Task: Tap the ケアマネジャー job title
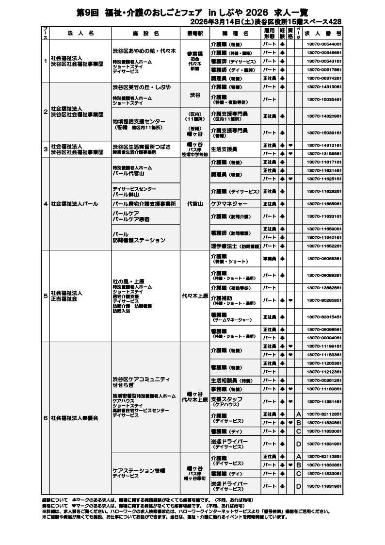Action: click(229, 204)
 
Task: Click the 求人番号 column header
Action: click(323, 33)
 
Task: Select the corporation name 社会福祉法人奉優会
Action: click(74, 417)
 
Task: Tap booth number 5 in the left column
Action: click(45, 296)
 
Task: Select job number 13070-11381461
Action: click(324, 401)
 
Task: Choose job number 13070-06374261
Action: click(324, 78)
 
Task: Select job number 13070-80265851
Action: click(324, 300)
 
